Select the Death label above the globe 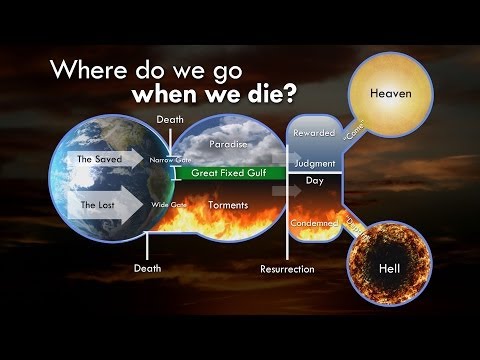pyautogui.click(x=168, y=120)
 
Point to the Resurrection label pyautogui.click(x=287, y=269)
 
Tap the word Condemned pyautogui.click(x=314, y=222)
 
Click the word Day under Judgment pyautogui.click(x=314, y=182)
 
